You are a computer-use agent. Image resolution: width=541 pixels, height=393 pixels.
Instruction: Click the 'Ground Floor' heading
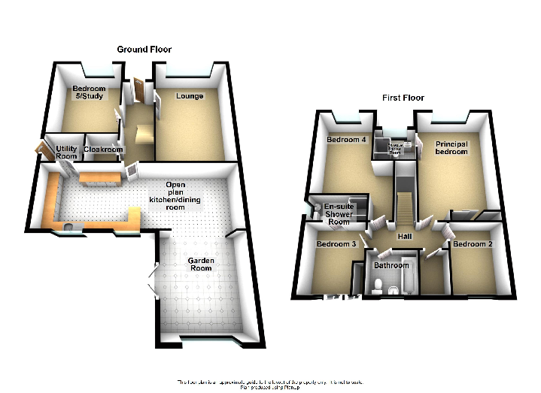[144, 49]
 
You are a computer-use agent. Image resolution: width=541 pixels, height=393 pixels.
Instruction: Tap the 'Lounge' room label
[190, 96]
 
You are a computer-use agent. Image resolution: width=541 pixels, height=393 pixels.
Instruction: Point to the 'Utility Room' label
[67, 153]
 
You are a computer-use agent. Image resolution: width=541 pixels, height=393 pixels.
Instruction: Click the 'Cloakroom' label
[102, 150]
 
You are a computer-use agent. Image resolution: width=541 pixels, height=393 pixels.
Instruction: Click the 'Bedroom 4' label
[346, 140]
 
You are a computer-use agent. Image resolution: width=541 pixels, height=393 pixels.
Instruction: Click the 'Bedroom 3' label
[336, 245]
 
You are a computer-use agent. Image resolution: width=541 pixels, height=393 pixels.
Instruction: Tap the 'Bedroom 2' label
[473, 245]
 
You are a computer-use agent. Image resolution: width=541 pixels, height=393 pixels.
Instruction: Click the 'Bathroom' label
[391, 265]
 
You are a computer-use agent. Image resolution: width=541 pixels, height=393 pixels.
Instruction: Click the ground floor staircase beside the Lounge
[141, 135]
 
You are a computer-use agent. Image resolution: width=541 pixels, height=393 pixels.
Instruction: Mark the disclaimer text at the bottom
[270, 384]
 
